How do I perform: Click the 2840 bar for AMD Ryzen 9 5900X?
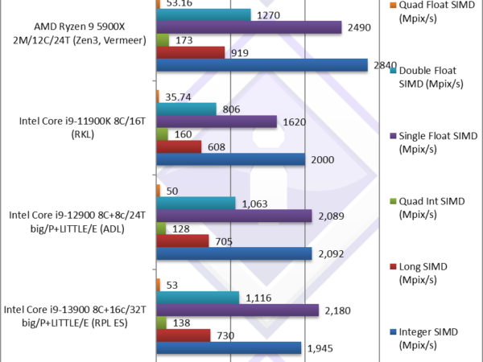pos(262,65)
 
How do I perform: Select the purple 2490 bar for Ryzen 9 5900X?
pos(250,27)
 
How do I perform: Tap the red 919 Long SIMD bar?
pos(190,52)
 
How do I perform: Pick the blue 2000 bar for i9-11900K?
pos(231,159)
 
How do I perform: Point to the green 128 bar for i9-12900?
pos(161,228)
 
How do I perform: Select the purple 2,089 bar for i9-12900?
pos(233,216)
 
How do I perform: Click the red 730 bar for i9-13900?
pos(183,335)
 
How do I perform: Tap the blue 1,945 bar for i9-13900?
pos(229,348)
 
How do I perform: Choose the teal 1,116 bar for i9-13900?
pos(197,298)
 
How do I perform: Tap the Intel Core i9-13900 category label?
pos(76,315)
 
